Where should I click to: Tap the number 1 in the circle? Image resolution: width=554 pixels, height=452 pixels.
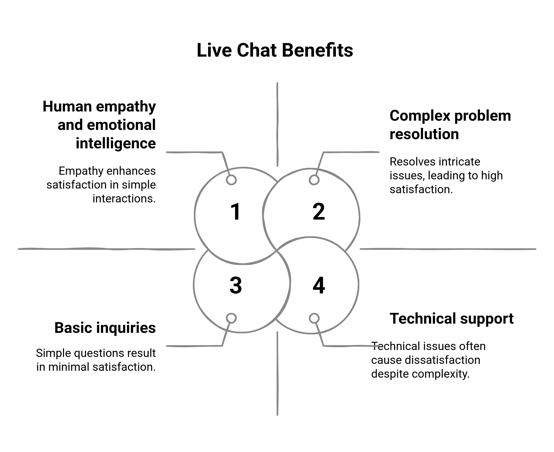click(x=235, y=212)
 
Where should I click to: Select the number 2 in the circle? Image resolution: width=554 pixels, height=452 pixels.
click(x=319, y=212)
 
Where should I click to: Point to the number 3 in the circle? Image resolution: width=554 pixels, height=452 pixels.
click(x=236, y=285)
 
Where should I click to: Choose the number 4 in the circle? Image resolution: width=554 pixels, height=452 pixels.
click(x=319, y=285)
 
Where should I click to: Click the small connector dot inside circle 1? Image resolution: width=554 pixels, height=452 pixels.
click(x=231, y=180)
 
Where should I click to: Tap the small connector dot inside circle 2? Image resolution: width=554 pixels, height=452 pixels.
click(x=314, y=180)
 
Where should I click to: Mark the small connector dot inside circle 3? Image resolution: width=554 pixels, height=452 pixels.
click(x=231, y=318)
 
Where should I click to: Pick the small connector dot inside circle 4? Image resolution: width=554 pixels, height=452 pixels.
click(x=314, y=318)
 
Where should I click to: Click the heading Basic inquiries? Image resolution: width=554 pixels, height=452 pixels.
click(x=105, y=328)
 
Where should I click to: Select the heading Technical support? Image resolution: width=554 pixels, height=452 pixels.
click(x=452, y=319)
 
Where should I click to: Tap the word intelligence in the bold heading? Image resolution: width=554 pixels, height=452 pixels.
click(x=116, y=143)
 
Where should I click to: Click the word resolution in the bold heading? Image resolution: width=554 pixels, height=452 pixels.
click(x=424, y=134)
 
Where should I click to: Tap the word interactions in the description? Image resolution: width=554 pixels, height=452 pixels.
click(x=124, y=199)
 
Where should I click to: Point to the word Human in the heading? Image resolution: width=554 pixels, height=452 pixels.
click(x=67, y=107)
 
